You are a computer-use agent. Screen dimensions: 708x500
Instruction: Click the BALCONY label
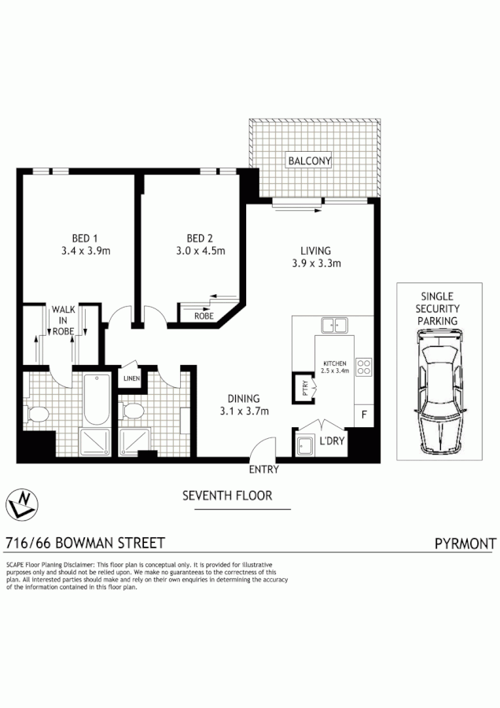310,160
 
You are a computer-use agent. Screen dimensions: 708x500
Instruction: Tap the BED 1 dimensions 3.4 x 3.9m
85,252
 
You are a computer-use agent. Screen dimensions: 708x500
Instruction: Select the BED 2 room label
200,238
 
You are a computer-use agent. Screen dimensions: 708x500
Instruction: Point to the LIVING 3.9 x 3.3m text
314,257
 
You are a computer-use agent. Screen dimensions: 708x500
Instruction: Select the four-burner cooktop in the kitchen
364,367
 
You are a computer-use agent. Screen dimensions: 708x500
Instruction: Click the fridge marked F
363,415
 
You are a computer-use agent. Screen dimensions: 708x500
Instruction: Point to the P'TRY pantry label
304,387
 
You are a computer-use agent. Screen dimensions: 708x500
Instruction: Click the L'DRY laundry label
332,441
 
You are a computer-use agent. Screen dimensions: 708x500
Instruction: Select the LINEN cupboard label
131,378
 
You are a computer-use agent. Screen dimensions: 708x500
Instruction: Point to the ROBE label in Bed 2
204,315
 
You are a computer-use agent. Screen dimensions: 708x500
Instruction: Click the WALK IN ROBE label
63,320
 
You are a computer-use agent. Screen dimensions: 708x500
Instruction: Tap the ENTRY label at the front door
263,470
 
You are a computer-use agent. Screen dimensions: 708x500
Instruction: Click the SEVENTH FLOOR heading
227,496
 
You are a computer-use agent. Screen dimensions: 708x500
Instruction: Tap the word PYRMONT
465,543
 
